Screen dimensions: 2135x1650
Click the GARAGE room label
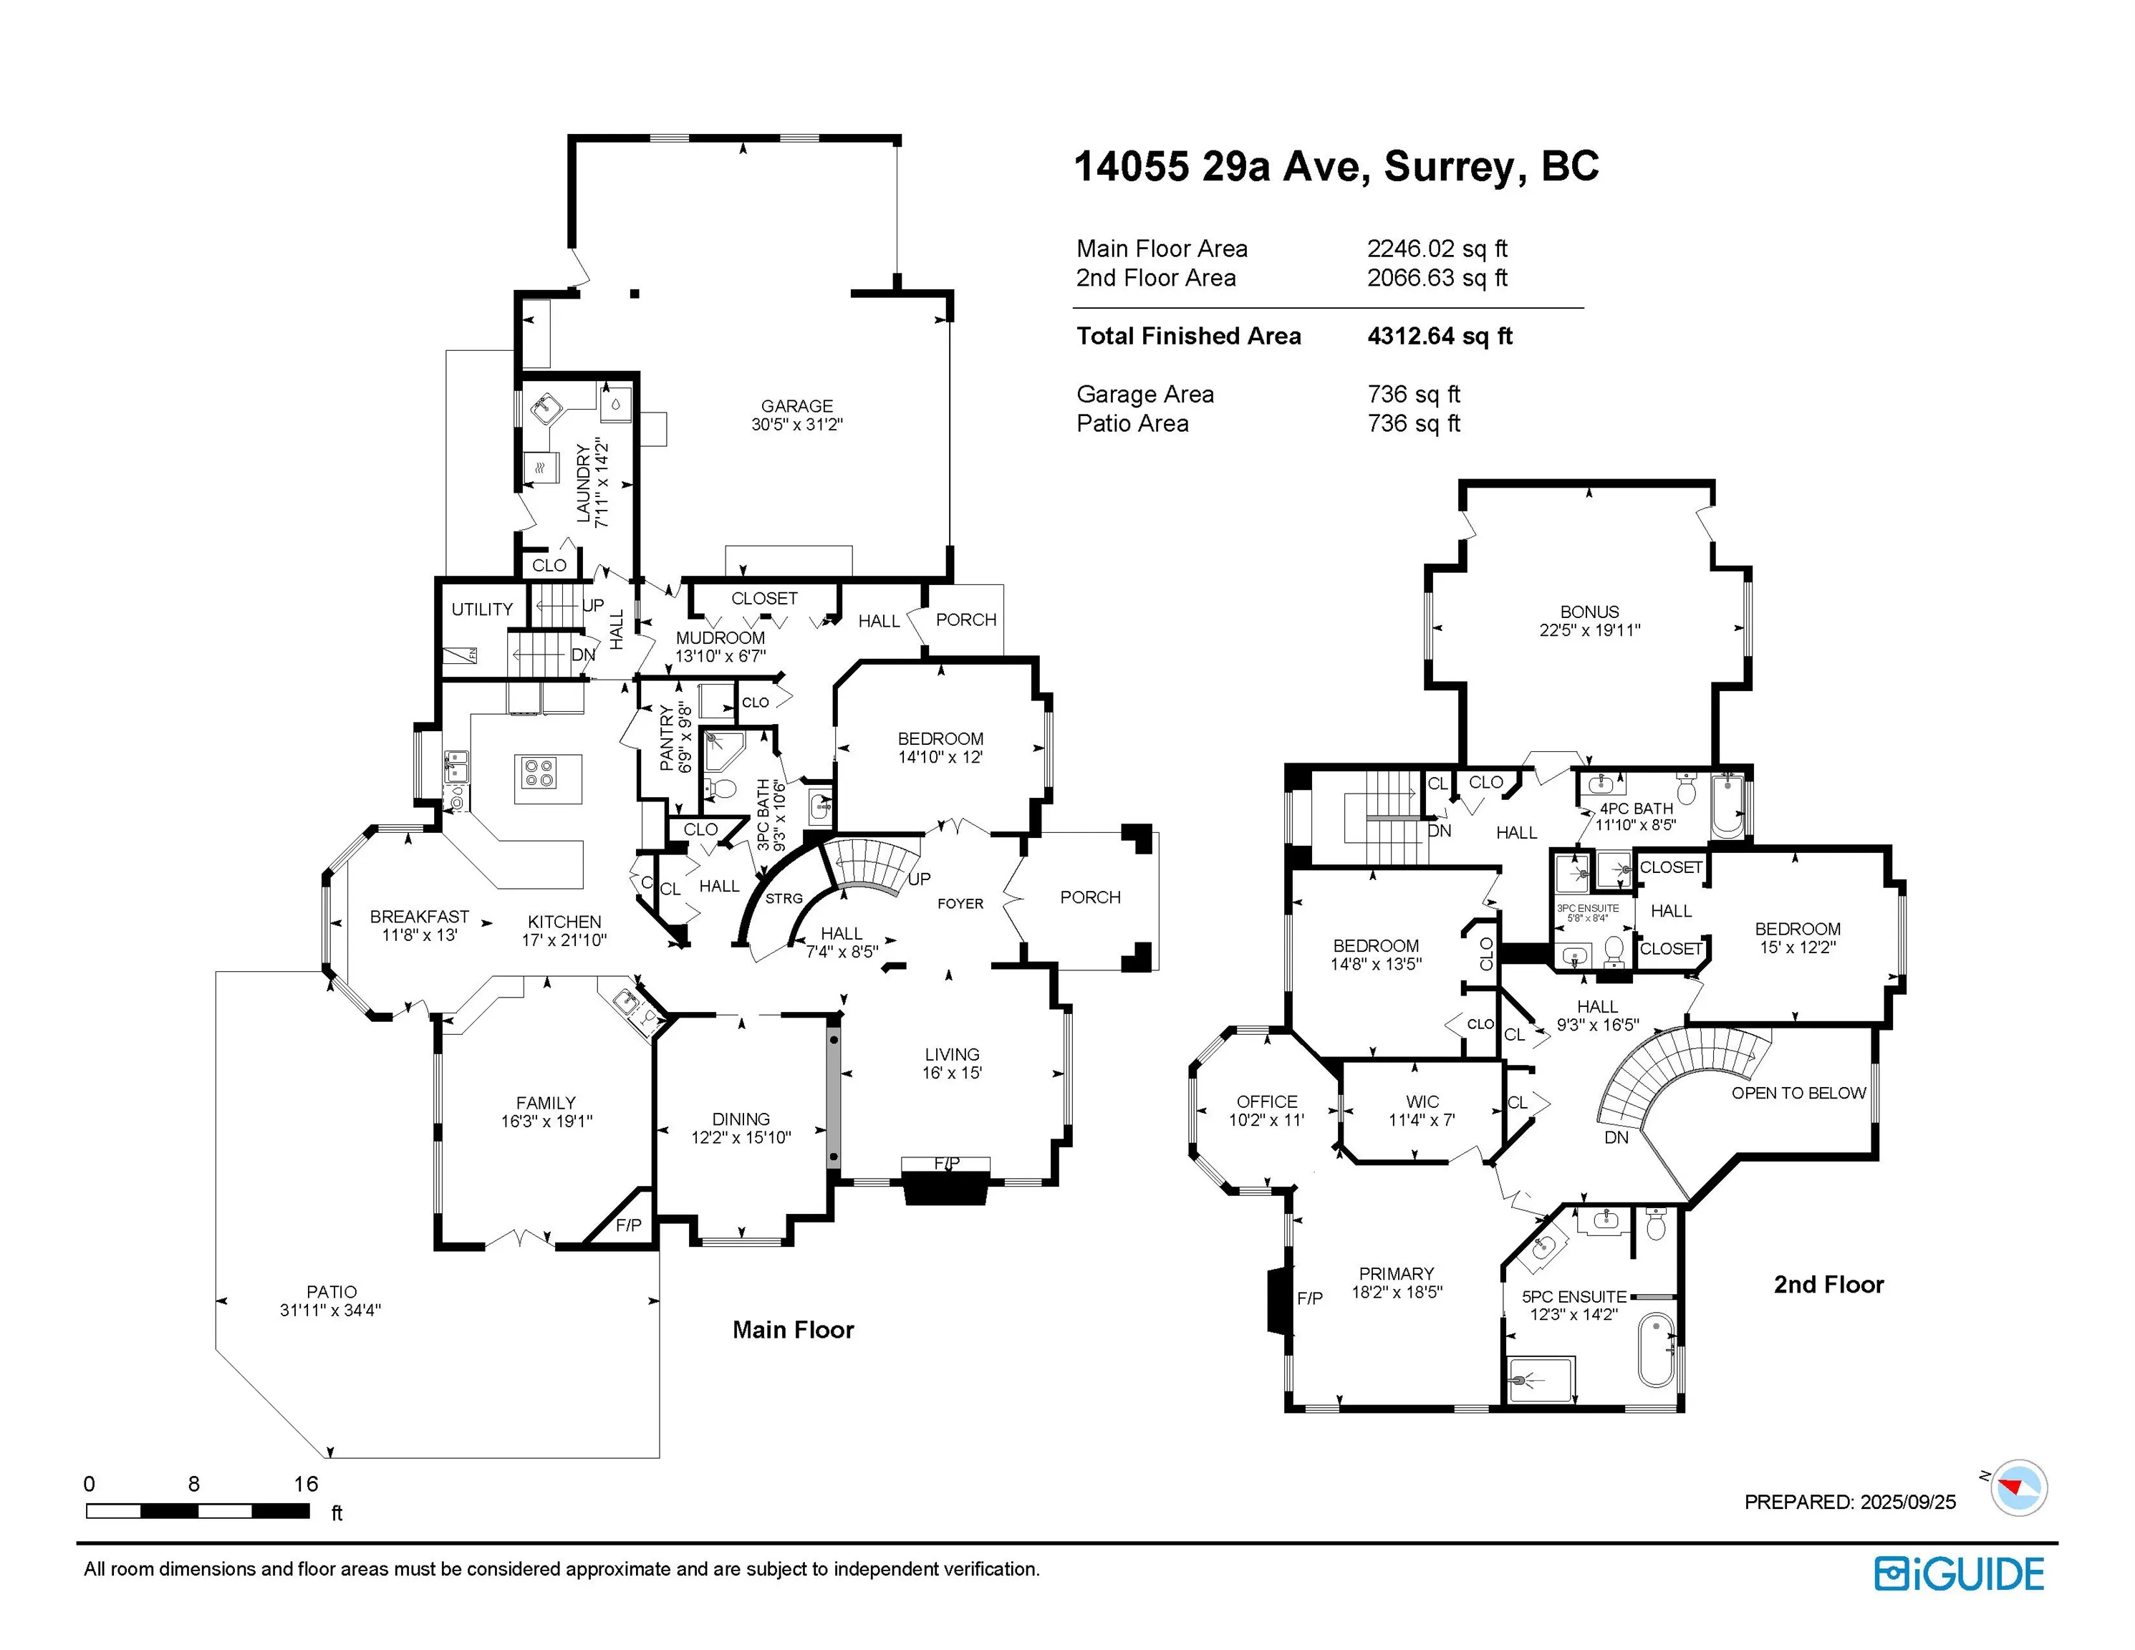click(796, 405)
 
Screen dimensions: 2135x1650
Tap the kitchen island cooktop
click(539, 773)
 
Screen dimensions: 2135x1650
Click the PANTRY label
click(667, 738)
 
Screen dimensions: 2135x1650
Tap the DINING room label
click(741, 1119)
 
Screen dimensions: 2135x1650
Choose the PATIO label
click(332, 1292)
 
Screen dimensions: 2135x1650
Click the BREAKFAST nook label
click(420, 917)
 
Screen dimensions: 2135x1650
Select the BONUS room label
click(1589, 612)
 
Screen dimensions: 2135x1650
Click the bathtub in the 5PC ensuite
click(1656, 1350)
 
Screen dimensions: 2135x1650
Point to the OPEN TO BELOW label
click(1798, 1093)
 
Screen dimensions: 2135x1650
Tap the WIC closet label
click(1422, 1101)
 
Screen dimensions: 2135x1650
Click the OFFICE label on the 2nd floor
click(1267, 1101)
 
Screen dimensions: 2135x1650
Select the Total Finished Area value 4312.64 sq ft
click(1440, 337)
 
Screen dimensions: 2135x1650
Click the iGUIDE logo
click(1959, 1574)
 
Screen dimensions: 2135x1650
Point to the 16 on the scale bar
click(306, 1484)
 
